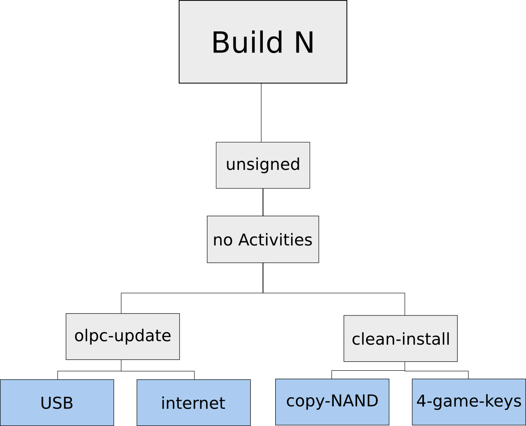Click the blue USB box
point(57,403)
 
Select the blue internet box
point(194,403)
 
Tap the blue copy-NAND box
point(332,401)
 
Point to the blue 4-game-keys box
point(469,401)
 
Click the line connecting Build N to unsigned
point(261,112)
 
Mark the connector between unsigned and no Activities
point(263,202)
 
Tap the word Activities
point(275,240)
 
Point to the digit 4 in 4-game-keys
point(421,401)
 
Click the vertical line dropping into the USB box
point(57,375)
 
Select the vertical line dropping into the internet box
point(194,375)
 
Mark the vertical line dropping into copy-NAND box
point(332,375)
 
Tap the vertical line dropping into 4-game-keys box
point(469,375)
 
